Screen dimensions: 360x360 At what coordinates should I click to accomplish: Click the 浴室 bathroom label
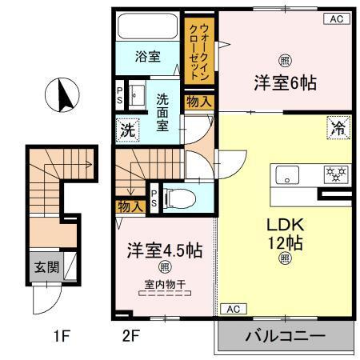pyautogui.click(x=147, y=56)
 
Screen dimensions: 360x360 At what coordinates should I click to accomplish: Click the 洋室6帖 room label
pyautogui.click(x=284, y=82)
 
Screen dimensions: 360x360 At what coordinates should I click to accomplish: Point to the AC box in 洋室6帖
pyautogui.click(x=336, y=18)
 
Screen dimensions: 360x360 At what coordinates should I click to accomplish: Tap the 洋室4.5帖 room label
pyautogui.click(x=164, y=250)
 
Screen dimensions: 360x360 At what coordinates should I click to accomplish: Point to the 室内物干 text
pyautogui.click(x=164, y=283)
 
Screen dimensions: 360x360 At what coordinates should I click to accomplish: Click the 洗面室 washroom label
pyautogui.click(x=163, y=112)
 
